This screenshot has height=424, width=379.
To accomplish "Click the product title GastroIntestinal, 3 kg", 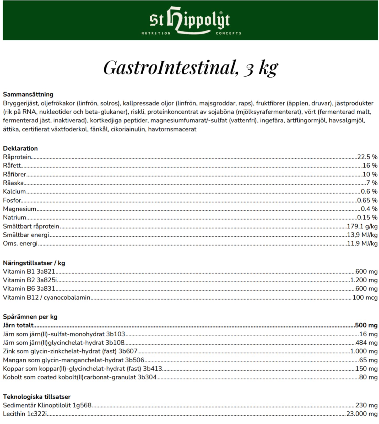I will pos(191,68).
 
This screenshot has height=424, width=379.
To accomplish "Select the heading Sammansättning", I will pos(28,94).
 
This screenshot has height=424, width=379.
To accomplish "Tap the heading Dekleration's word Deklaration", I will pos(20,149).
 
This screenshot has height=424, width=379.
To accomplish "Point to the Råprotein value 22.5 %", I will pos(367,157).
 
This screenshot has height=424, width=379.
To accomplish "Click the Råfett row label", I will pos(12,166).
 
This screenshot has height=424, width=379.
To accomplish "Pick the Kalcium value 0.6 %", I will pos(369,192).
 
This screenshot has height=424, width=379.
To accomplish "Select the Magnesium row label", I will pos(19,209).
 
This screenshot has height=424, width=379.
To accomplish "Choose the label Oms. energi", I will pos(20,243).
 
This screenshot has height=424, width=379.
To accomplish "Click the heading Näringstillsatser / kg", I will pos(34,263).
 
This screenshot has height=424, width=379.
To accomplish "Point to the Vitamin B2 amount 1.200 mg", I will pos(364,280).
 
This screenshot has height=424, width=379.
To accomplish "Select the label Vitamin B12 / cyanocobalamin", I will pos(46,298).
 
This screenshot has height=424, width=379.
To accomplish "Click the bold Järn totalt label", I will pos(18,325).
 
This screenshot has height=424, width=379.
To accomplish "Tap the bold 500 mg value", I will pos(366,325).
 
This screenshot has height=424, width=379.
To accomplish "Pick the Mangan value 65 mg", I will pos(368,360).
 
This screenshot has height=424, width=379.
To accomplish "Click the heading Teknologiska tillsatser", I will pos(37,397).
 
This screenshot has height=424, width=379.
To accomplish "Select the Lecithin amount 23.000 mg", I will pos(362,414).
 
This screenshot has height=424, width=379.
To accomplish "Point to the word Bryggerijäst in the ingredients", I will pos(20,103).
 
